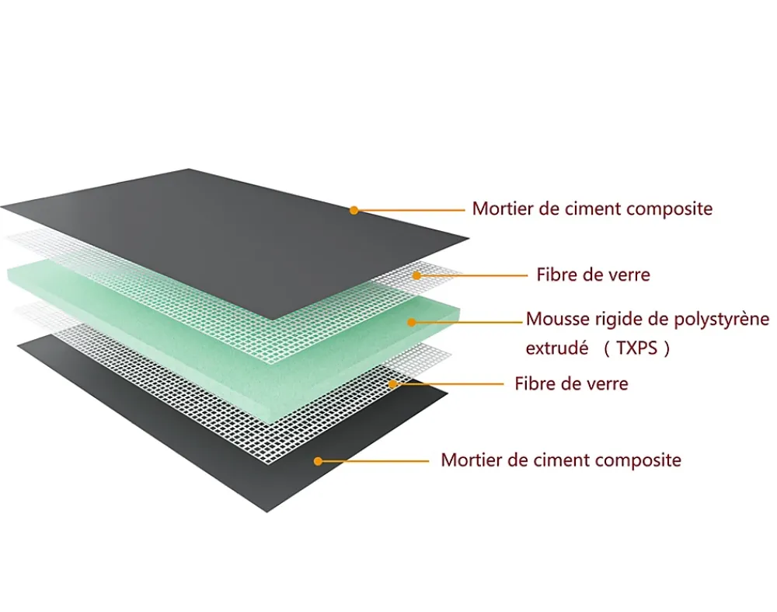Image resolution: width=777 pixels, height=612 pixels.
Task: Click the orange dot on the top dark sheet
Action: click(x=354, y=210)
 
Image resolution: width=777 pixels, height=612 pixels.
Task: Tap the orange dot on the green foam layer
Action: click(x=411, y=323)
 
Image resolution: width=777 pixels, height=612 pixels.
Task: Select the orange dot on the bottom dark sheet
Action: click(x=318, y=461)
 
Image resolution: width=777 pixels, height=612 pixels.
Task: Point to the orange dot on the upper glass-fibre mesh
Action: click(x=416, y=275)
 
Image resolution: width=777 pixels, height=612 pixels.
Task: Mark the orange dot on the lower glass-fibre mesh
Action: click(x=392, y=384)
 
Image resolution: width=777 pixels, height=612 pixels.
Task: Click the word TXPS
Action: click(x=637, y=348)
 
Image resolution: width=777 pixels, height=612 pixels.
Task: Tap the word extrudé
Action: click(x=557, y=348)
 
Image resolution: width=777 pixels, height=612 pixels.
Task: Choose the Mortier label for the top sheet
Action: click(x=592, y=208)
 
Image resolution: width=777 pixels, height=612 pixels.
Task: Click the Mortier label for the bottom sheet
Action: click(x=561, y=460)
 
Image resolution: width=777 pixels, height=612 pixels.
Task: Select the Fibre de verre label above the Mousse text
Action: click(x=593, y=275)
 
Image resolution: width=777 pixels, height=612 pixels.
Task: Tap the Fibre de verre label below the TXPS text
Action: click(x=571, y=384)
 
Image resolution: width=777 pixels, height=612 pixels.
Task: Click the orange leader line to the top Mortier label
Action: click(x=409, y=210)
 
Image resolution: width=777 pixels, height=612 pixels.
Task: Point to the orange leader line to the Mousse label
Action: click(x=467, y=323)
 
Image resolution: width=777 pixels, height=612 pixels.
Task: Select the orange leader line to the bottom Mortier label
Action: click(x=374, y=461)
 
